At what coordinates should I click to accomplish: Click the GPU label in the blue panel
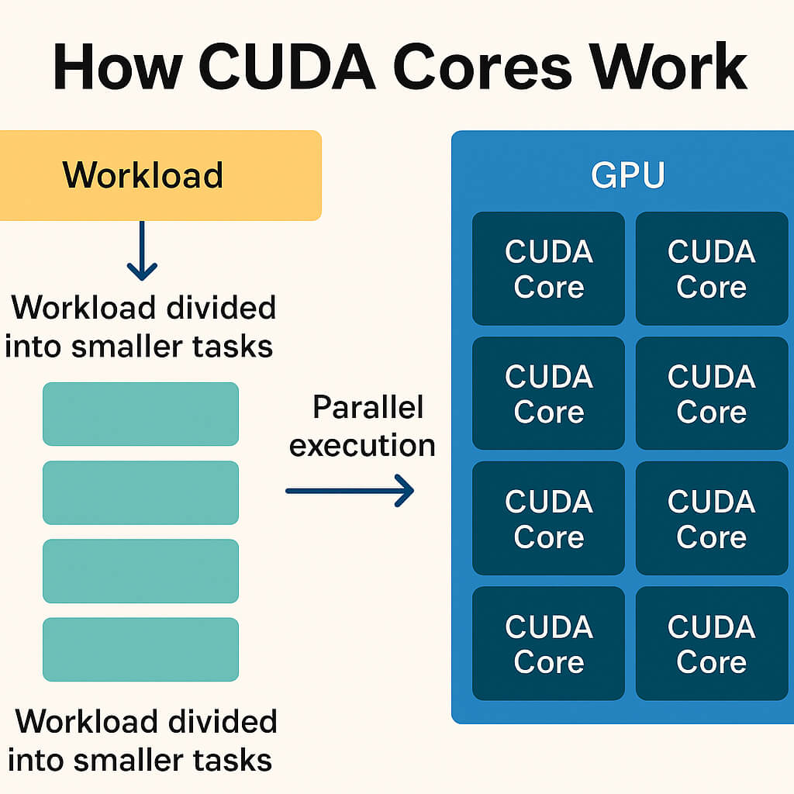627,175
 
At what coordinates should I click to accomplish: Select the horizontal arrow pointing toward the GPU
349,491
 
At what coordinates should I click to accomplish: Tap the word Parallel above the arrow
368,408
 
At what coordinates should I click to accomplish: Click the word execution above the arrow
362,446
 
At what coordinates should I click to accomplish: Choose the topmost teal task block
140,414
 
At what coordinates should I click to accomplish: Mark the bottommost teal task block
140,649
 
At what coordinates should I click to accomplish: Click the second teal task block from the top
140,492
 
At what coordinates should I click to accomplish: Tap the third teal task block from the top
140,571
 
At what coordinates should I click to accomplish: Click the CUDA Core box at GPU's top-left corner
548,268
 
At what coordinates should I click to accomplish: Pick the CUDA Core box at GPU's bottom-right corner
711,644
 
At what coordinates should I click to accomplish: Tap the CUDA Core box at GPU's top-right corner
711,268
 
